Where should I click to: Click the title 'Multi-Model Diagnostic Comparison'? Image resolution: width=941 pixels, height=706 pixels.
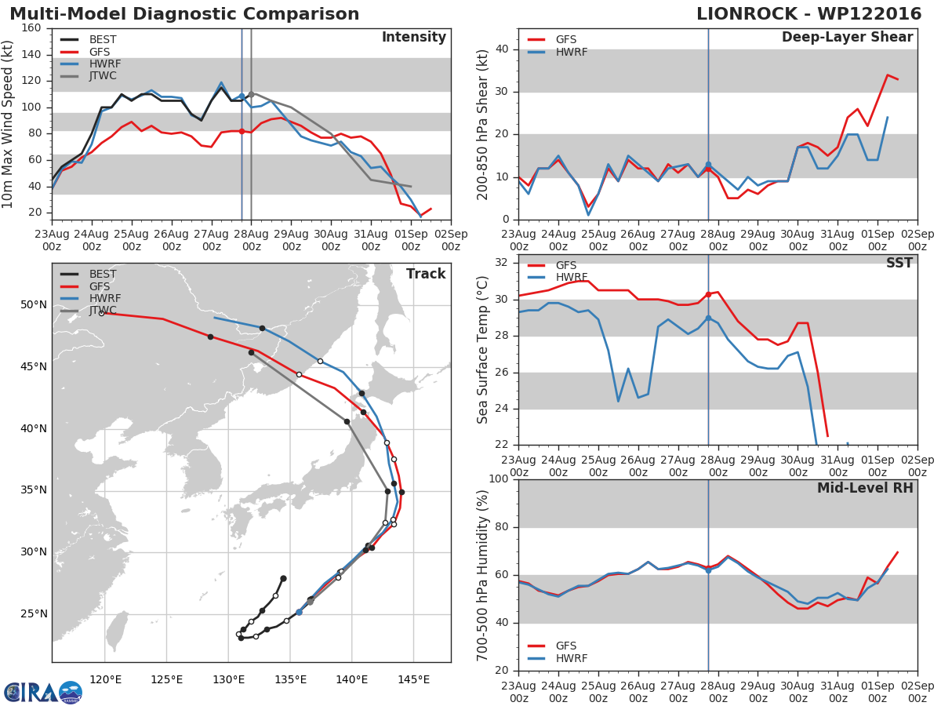click(184, 14)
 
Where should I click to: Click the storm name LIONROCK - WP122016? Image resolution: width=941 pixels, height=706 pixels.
click(809, 14)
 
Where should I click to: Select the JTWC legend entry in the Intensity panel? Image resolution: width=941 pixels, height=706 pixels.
click(89, 76)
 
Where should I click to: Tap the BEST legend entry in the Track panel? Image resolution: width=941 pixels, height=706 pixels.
click(89, 274)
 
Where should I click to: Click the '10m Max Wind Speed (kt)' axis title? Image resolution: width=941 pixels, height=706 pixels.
click(6, 124)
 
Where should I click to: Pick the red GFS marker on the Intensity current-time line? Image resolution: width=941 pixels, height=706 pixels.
click(242, 132)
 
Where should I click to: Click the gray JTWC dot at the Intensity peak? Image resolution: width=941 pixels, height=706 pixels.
click(251, 94)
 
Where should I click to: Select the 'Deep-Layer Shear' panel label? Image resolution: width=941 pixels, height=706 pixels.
click(847, 38)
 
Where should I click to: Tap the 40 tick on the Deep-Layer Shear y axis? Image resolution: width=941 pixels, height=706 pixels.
click(502, 49)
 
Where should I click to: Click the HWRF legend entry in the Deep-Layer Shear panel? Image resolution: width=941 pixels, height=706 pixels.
click(558, 53)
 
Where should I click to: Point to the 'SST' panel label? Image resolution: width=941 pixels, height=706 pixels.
click(899, 263)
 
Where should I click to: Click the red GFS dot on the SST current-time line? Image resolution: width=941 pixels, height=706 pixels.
click(708, 294)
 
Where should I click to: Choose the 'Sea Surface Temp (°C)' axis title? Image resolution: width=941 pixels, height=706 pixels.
click(482, 350)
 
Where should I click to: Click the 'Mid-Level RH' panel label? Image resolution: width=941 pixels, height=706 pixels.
click(865, 488)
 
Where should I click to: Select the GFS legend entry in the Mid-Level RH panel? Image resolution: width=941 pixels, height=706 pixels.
click(552, 646)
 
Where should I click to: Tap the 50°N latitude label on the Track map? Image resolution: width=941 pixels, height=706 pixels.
click(34, 305)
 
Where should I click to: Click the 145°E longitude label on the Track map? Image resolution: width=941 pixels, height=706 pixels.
click(414, 679)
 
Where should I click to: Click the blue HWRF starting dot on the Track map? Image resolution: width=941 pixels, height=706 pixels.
click(299, 613)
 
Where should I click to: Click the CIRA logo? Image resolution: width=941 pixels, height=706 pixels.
click(43, 692)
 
